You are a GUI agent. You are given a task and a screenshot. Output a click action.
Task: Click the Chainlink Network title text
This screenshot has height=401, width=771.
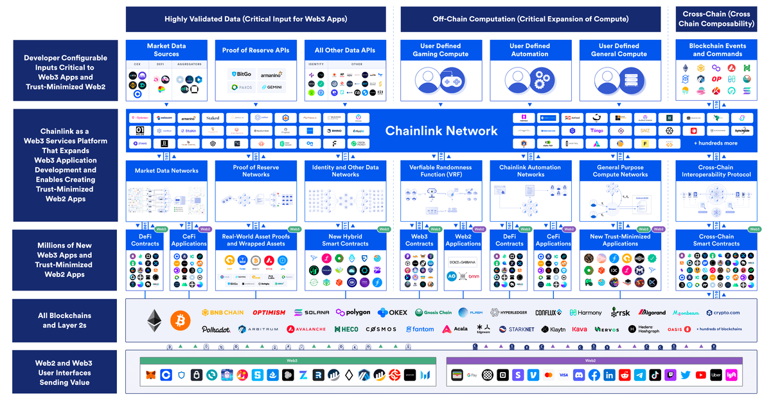click(x=441, y=131)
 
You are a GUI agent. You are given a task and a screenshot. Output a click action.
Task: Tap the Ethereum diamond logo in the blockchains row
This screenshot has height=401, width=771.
click(x=154, y=319)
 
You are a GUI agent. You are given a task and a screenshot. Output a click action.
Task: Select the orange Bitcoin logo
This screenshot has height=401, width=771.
click(x=181, y=319)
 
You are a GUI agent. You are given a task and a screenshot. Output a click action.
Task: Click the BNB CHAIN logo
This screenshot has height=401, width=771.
click(x=222, y=312)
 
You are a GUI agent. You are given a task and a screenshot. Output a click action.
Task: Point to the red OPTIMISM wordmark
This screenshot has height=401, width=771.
click(x=269, y=312)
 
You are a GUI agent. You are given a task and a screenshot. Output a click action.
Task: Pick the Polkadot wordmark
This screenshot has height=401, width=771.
click(x=216, y=329)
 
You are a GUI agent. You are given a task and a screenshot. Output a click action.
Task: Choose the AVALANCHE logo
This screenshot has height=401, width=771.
click(x=306, y=329)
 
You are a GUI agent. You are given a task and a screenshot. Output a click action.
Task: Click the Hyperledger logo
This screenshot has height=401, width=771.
click(x=508, y=312)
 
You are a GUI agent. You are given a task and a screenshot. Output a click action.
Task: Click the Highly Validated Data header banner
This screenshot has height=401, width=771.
click(x=256, y=19)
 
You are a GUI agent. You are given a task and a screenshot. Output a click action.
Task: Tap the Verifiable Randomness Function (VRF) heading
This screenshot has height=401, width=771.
click(x=440, y=171)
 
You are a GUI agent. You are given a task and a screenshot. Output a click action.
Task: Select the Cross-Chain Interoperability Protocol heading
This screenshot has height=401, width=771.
click(x=716, y=171)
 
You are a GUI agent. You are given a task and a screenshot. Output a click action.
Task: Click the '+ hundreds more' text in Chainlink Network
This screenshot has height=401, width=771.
click(x=715, y=143)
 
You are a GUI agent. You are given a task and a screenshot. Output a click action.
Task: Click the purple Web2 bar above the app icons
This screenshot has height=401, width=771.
click(x=594, y=361)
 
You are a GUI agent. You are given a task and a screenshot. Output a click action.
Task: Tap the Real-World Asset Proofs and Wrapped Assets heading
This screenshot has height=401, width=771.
click(x=256, y=240)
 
